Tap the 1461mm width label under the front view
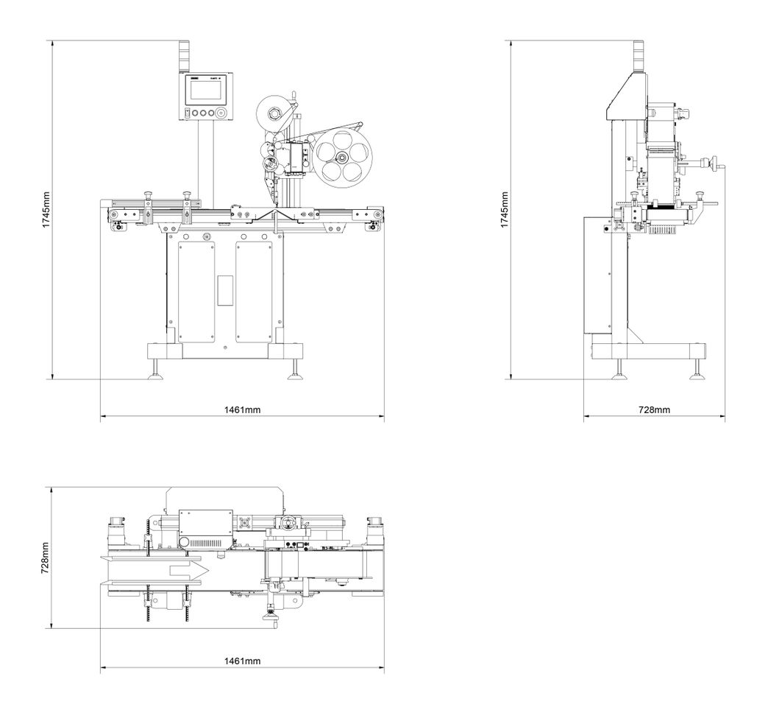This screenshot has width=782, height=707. click(242, 409)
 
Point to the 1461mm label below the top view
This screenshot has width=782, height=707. click(242, 661)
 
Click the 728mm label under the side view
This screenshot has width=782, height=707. click(653, 409)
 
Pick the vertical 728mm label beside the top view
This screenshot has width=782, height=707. click(45, 557)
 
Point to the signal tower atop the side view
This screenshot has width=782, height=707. click(639, 54)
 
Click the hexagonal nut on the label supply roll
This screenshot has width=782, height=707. click(271, 113)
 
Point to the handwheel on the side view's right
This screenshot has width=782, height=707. click(710, 163)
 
